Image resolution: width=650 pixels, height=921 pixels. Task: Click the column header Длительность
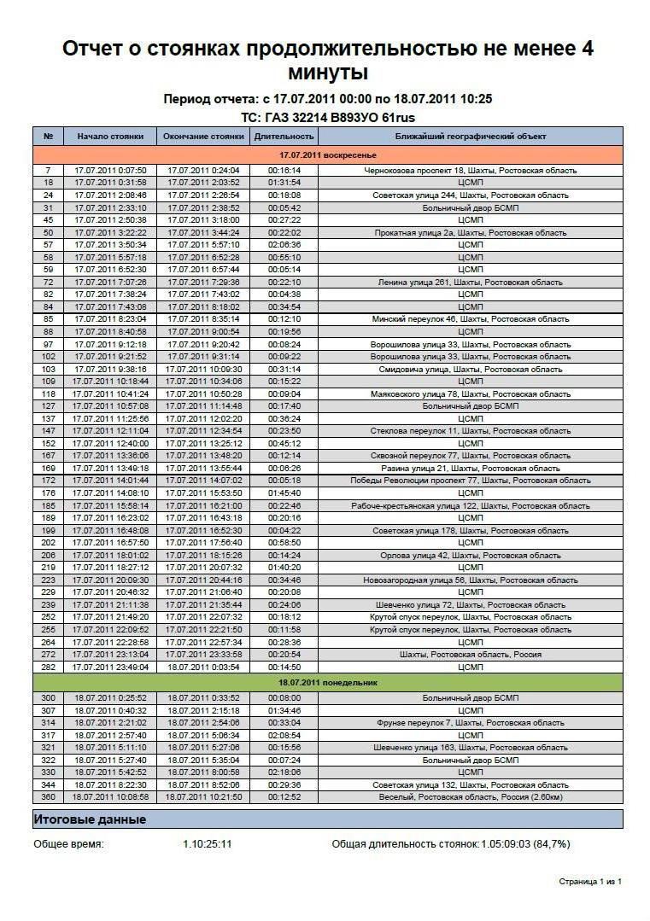284,137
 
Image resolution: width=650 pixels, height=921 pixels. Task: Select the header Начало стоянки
110,137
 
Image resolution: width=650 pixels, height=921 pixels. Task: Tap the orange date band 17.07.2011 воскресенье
328,155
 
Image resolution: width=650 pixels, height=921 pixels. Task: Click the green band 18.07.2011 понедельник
328,683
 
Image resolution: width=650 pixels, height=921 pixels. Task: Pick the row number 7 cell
48,170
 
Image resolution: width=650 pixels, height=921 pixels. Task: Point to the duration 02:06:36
284,244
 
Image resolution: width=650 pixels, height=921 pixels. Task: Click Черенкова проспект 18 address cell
471,170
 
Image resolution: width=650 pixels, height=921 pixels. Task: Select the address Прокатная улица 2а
471,232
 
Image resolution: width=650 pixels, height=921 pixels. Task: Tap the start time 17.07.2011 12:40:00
110,443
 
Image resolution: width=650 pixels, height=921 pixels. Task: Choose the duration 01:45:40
284,493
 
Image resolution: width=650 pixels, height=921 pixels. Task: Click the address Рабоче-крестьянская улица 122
471,505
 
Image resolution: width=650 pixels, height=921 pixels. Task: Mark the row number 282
48,667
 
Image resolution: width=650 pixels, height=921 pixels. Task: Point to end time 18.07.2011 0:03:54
203,667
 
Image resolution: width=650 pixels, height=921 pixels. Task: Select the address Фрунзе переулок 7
471,723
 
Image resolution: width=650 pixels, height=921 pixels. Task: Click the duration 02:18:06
284,772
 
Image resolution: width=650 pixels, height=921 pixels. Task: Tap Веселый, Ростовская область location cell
471,797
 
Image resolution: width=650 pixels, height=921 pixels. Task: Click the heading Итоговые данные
90,819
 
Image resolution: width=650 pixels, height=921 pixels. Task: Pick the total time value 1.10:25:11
208,844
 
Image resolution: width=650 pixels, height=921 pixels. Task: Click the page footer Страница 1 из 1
590,881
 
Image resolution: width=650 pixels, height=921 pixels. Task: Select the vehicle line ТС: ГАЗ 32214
328,117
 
